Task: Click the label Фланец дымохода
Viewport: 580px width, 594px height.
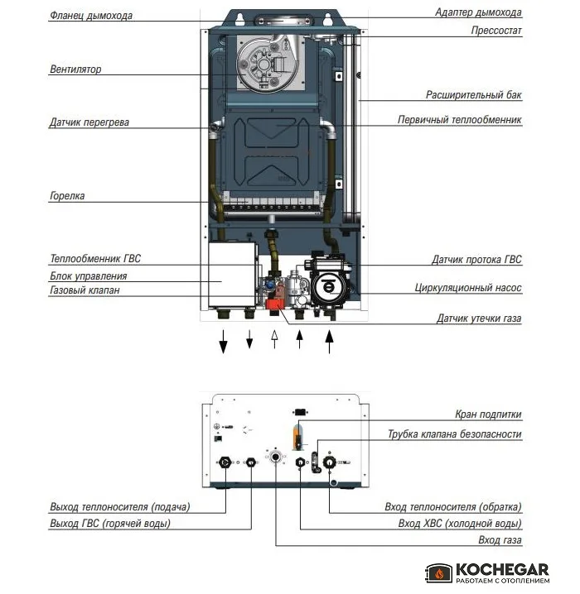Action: point(91,16)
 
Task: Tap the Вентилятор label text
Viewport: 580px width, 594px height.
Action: point(75,69)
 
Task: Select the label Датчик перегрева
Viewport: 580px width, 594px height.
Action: point(89,122)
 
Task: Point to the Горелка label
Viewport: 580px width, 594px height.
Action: point(67,196)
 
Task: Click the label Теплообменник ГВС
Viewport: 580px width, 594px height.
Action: point(95,259)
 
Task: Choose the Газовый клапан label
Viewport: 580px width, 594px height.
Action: point(85,290)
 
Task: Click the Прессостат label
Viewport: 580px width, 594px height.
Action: point(496,31)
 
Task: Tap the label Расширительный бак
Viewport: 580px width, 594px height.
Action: point(473,94)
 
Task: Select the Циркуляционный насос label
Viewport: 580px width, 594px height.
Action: point(468,288)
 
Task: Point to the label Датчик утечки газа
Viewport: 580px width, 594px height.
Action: point(479,319)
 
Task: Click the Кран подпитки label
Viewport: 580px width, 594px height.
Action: point(488,414)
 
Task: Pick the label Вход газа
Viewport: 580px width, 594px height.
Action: point(500,540)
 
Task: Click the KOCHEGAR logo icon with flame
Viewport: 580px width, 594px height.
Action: point(439,572)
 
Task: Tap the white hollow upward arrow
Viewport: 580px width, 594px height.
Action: point(274,339)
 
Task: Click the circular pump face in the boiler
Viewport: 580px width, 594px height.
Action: point(328,287)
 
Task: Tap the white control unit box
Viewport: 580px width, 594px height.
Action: point(232,275)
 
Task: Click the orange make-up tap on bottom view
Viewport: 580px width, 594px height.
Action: point(298,437)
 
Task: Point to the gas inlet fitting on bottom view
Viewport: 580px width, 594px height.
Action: point(276,457)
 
